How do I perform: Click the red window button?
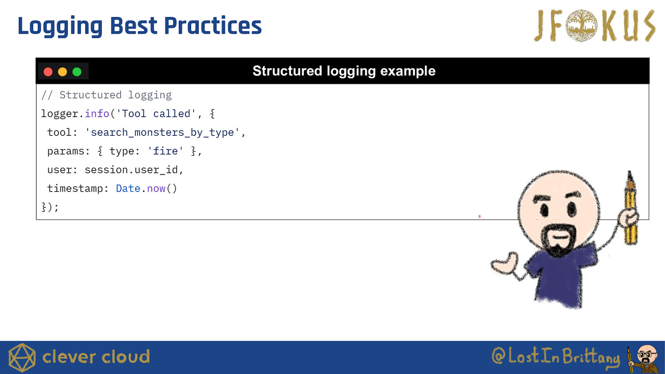48,72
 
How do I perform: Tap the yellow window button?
62,72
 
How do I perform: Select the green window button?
77,72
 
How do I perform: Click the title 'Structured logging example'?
344,71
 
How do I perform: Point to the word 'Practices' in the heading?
212,26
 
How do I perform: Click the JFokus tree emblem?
581,25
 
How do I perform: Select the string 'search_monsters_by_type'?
162,133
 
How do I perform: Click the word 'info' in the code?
97,114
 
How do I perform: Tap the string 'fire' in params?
165,151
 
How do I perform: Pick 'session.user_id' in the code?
131,170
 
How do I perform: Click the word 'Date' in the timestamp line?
128,189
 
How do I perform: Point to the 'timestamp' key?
75,189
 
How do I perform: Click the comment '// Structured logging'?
106,95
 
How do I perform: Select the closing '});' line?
50,207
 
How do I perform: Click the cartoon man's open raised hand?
505,262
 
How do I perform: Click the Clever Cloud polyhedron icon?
22,357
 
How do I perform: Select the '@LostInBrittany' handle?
556,356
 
